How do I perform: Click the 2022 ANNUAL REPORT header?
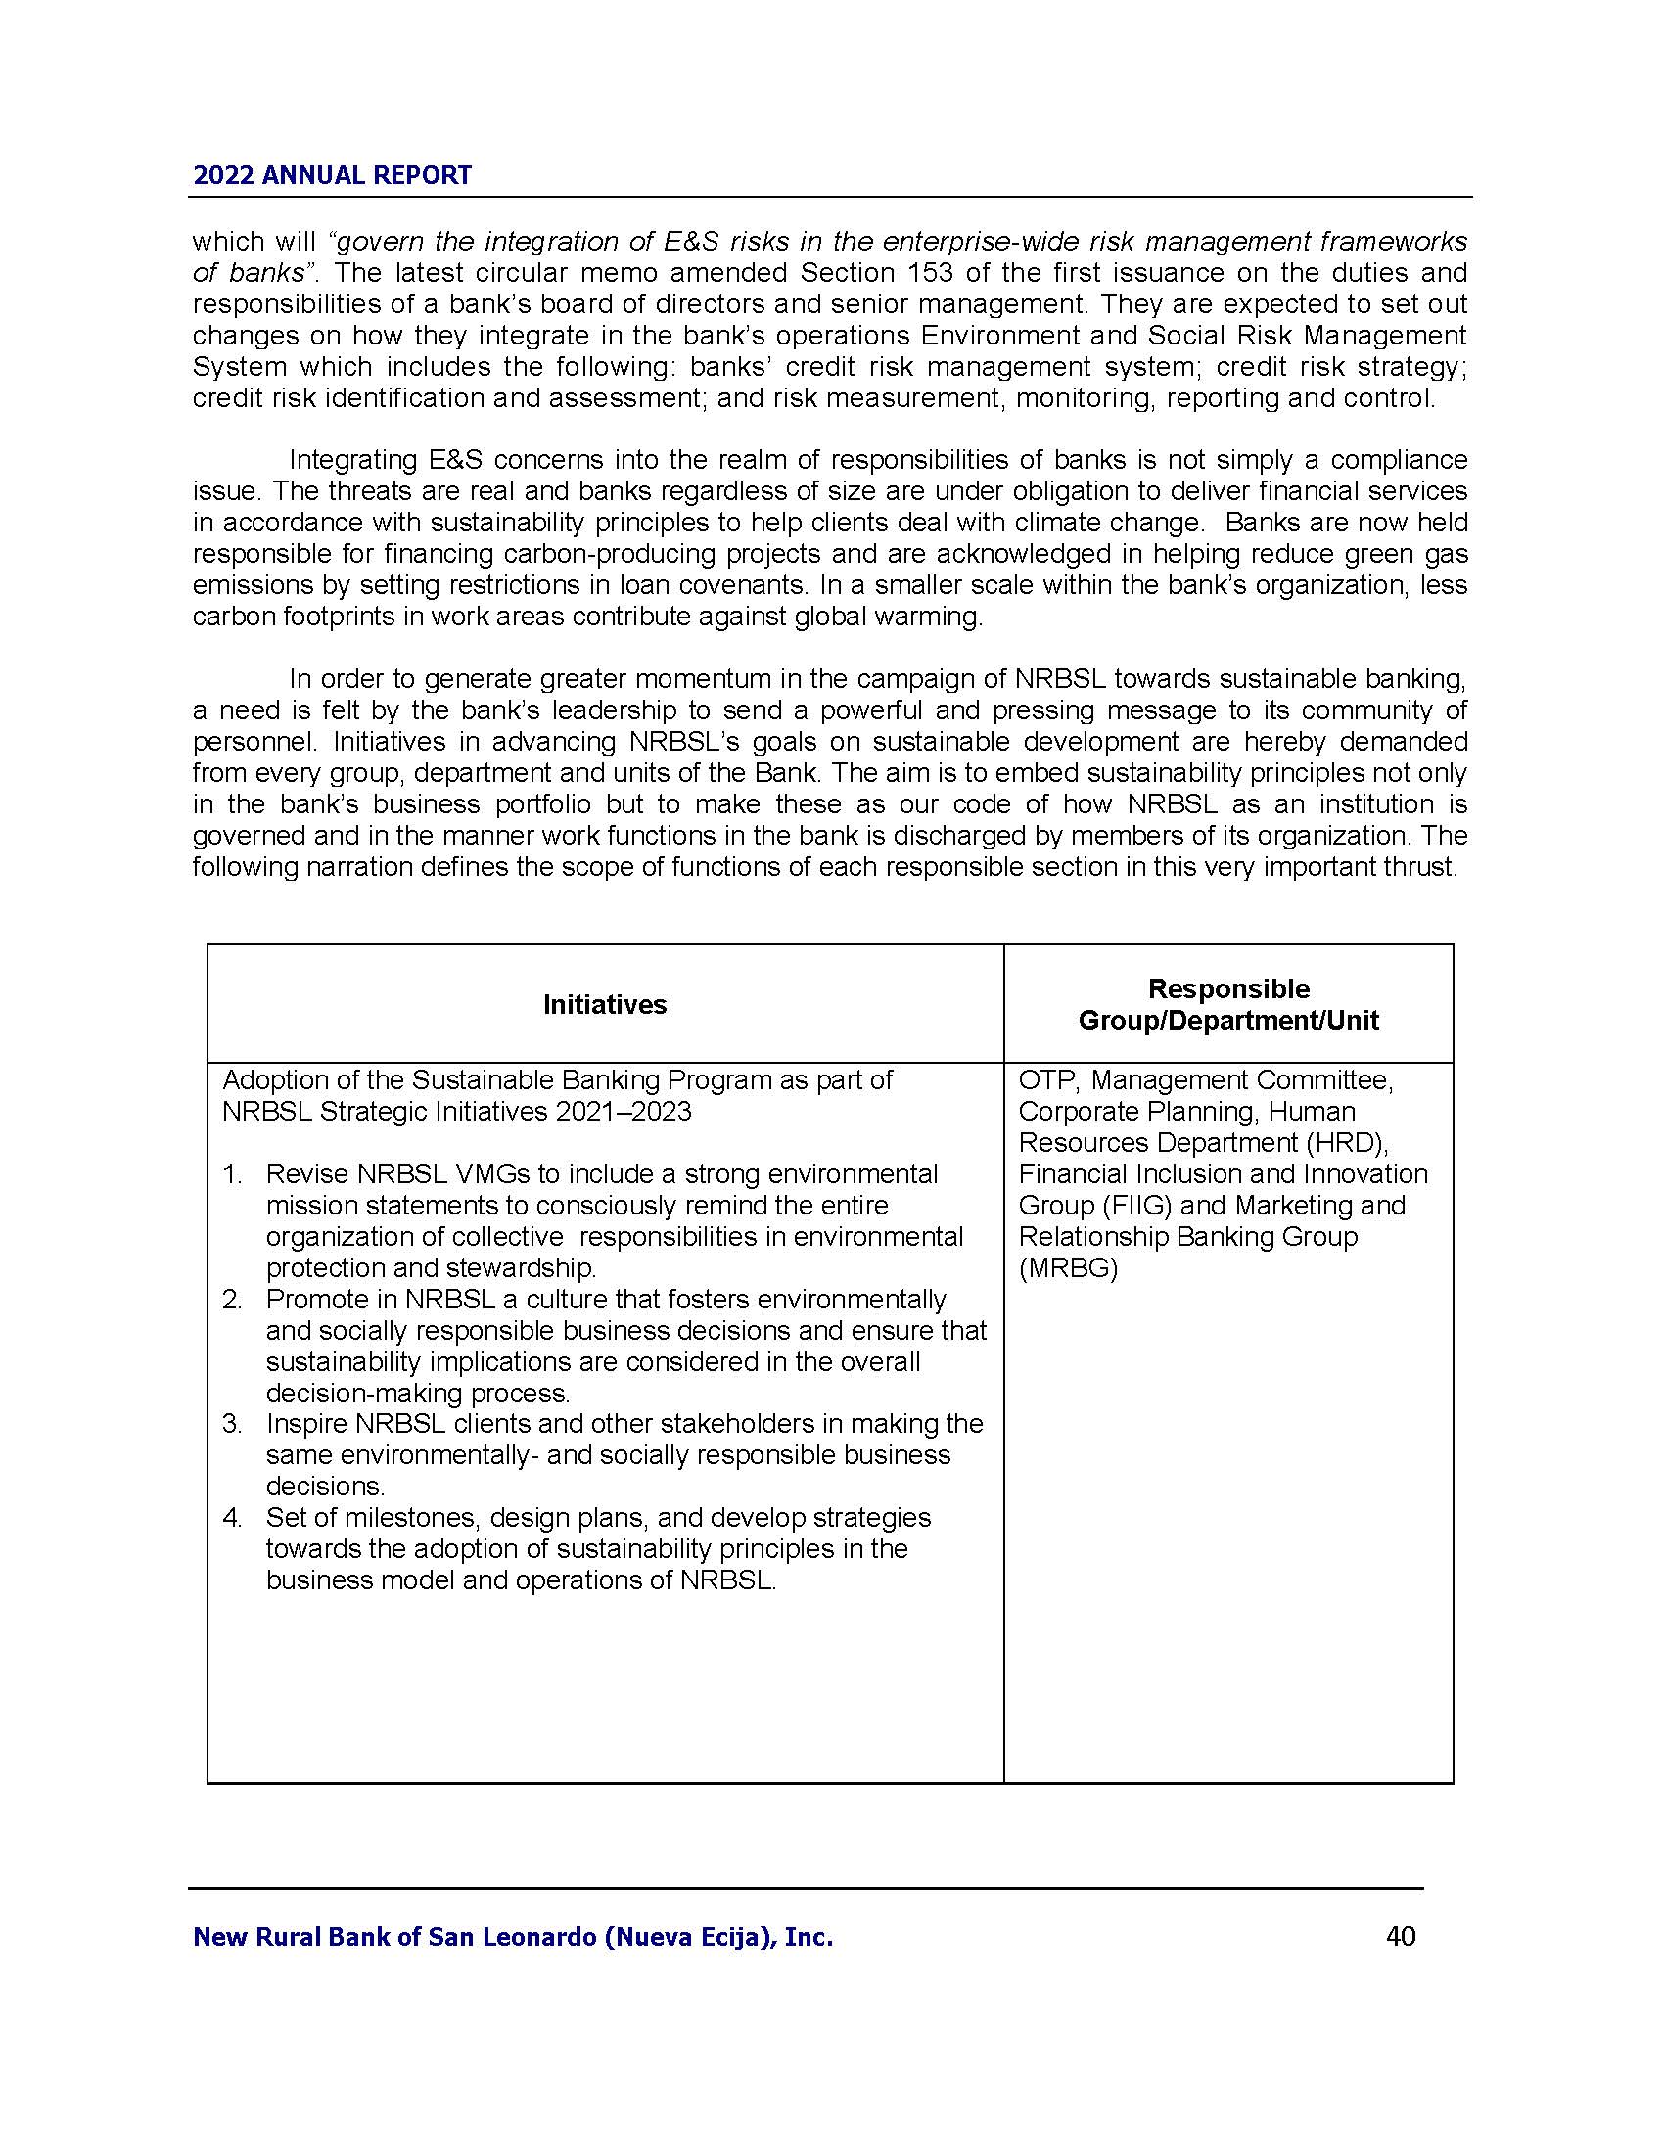click(x=332, y=175)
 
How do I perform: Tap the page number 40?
click(x=1401, y=1935)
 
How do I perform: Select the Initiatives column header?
click(x=604, y=1004)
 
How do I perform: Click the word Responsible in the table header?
click(x=1228, y=988)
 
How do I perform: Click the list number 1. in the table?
click(x=233, y=1174)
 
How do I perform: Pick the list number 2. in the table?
click(x=233, y=1300)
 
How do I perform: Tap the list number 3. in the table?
click(x=233, y=1424)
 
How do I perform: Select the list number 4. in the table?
click(x=233, y=1517)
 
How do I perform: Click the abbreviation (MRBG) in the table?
click(x=1068, y=1267)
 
